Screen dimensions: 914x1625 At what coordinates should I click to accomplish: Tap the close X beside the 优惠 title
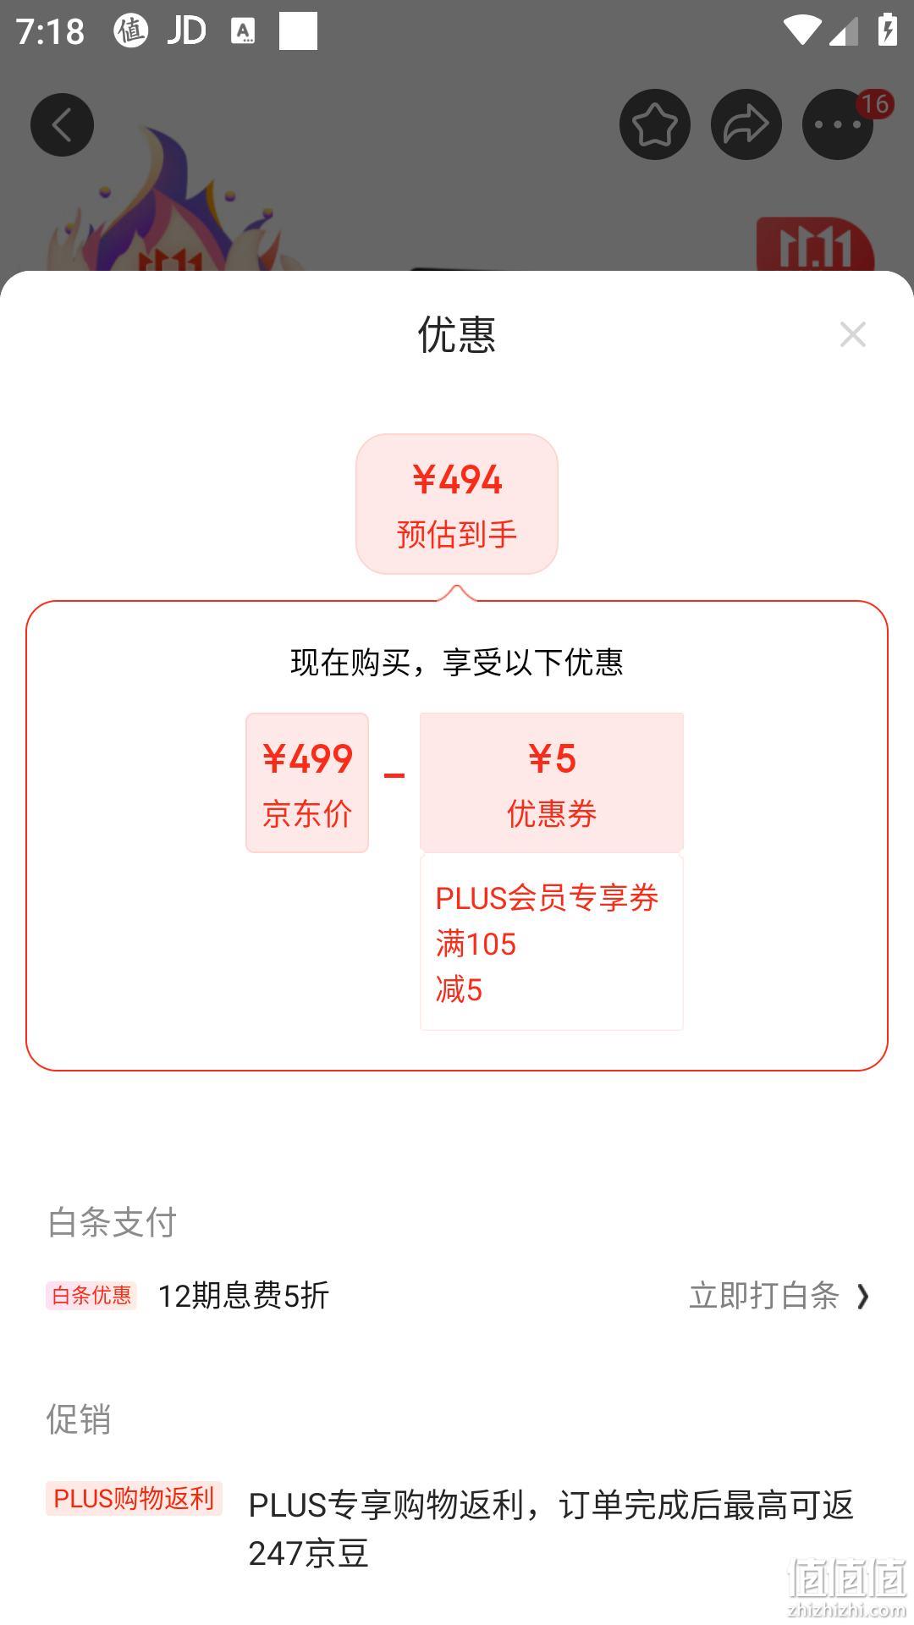coord(853,334)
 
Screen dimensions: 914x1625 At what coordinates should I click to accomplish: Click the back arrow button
coord(62,125)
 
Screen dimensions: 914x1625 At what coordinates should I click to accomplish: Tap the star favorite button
coord(655,125)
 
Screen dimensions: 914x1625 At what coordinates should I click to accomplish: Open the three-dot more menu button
coord(837,125)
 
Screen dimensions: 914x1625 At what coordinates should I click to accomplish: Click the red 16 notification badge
coord(874,104)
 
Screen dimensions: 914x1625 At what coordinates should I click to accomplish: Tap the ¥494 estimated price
coord(457,480)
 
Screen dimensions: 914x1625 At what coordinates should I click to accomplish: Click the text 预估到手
coord(457,534)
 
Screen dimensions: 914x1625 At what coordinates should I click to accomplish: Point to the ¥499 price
coord(307,758)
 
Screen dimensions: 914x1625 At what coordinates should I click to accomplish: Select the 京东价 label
coord(307,813)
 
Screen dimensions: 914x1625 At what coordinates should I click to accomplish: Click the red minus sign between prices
coord(394,775)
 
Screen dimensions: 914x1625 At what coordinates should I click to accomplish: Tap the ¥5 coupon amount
coord(552,758)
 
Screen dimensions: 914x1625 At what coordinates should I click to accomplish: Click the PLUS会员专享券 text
coord(547,898)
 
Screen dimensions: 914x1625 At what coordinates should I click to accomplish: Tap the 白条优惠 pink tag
coord(91,1295)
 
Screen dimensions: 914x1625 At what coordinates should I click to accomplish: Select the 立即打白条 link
coord(764,1296)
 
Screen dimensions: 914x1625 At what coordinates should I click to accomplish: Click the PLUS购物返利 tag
coord(134,1498)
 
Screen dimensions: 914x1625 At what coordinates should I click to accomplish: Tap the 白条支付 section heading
coord(112,1222)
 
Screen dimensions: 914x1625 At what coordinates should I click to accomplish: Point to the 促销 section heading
coord(79,1419)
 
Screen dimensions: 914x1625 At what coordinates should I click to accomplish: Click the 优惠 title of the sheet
coord(457,334)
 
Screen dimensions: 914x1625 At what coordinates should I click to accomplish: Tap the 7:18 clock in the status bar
coord(51,32)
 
